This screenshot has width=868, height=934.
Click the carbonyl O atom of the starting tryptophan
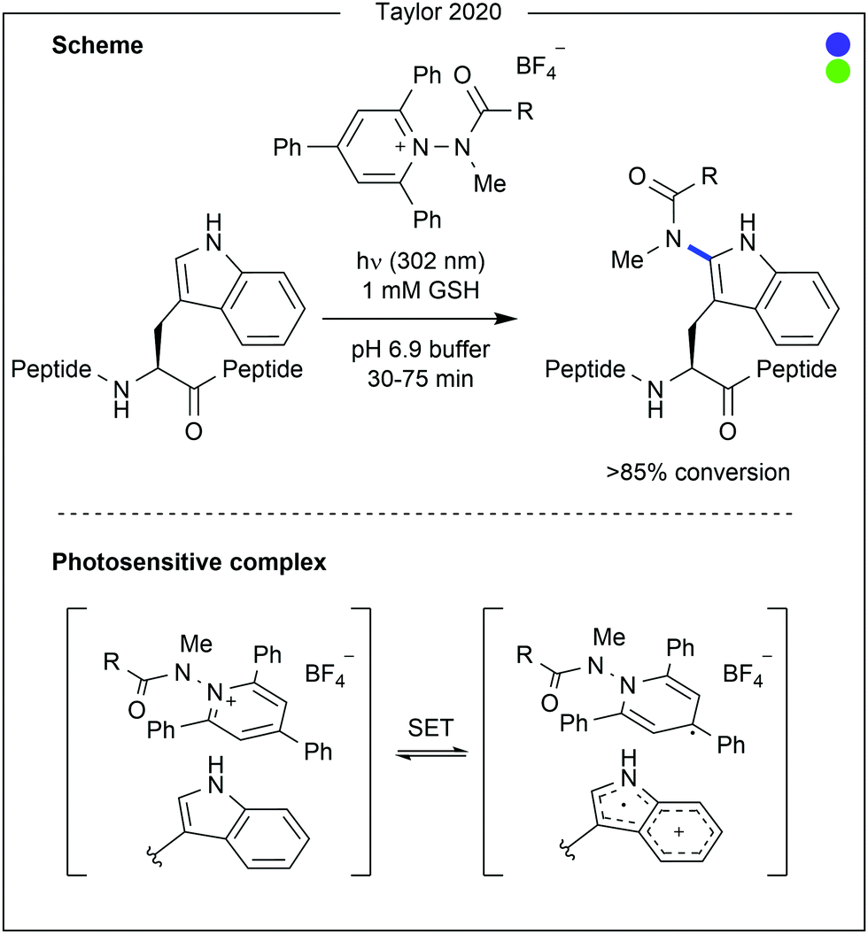pos(192,432)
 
